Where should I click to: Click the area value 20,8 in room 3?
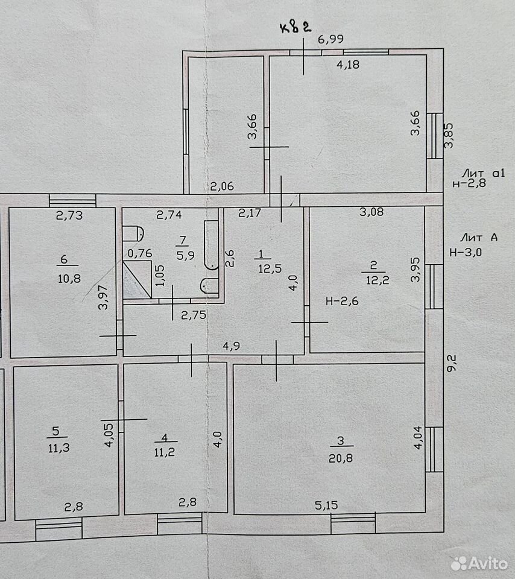click(340, 458)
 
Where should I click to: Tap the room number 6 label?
click(64, 259)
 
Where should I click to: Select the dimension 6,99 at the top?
click(331, 39)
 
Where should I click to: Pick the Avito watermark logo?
click(479, 563)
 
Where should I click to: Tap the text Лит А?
click(479, 238)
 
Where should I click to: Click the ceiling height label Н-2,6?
click(342, 302)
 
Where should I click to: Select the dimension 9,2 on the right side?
click(452, 363)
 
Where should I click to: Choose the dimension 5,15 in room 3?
click(326, 505)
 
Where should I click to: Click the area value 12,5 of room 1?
click(270, 268)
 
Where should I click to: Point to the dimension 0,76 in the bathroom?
click(140, 253)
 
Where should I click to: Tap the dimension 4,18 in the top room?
click(348, 65)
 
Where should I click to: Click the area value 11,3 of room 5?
click(58, 448)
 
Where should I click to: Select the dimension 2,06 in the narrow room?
click(222, 186)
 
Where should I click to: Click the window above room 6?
click(73, 201)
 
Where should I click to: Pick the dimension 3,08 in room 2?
click(371, 212)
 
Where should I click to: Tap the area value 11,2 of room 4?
click(165, 452)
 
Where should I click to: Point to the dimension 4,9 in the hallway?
click(232, 346)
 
